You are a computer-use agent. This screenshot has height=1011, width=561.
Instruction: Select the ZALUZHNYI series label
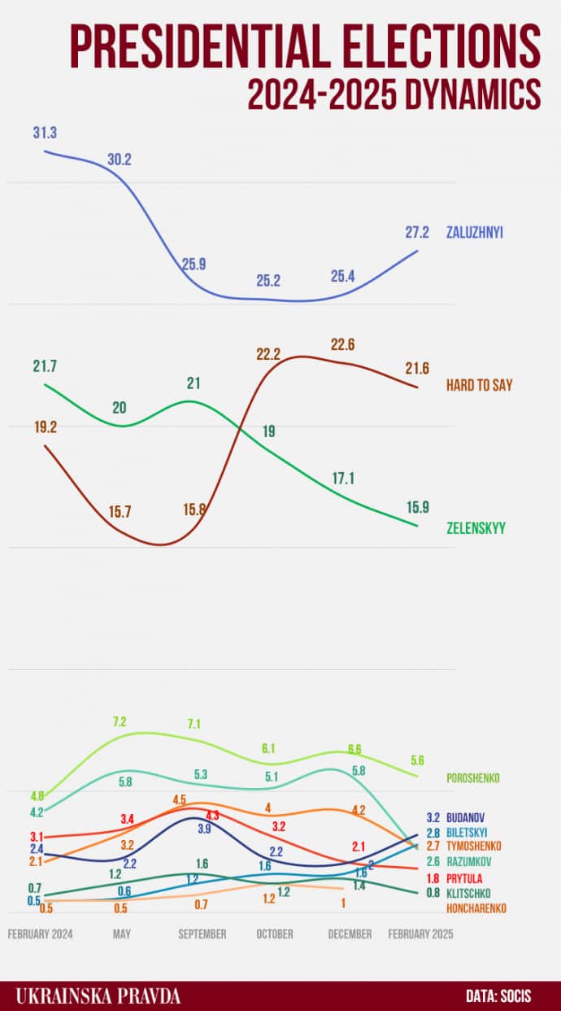pyautogui.click(x=475, y=232)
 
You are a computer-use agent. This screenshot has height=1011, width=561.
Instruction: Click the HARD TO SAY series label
pyautogui.click(x=480, y=385)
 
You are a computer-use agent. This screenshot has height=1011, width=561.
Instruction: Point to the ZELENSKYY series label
pyautogui.click(x=476, y=528)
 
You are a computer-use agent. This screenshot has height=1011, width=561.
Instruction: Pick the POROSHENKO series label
pyautogui.click(x=473, y=778)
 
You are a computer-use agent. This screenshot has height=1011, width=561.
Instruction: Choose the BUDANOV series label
pyautogui.click(x=467, y=816)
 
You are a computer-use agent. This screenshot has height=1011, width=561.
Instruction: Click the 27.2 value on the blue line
pyautogui.click(x=417, y=232)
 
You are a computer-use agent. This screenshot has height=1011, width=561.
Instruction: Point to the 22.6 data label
pyautogui.click(x=342, y=344)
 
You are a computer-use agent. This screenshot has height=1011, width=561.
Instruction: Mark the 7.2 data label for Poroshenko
pyautogui.click(x=120, y=721)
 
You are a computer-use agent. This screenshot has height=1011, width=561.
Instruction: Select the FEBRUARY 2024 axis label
pyautogui.click(x=41, y=934)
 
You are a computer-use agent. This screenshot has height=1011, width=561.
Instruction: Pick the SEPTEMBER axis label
pyautogui.click(x=202, y=934)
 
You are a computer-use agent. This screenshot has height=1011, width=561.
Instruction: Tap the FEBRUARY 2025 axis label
pyautogui.click(x=420, y=934)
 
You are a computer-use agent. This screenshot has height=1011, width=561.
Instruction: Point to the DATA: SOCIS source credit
pyautogui.click(x=498, y=996)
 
